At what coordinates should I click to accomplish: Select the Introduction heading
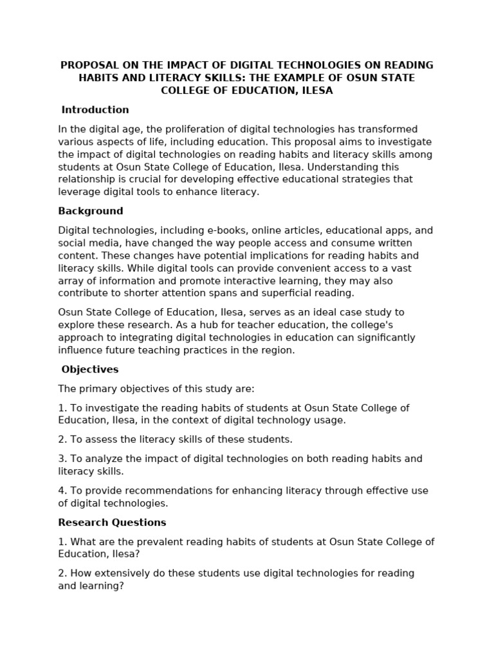pos(95,110)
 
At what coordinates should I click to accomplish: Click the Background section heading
pos(91,211)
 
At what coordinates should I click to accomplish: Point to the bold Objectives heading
pos(90,369)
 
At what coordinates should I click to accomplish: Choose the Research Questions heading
pos(113,523)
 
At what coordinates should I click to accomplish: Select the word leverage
pos(78,192)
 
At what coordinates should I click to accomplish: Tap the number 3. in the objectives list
pos(62,459)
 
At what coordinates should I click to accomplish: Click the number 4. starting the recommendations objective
pos(62,491)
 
